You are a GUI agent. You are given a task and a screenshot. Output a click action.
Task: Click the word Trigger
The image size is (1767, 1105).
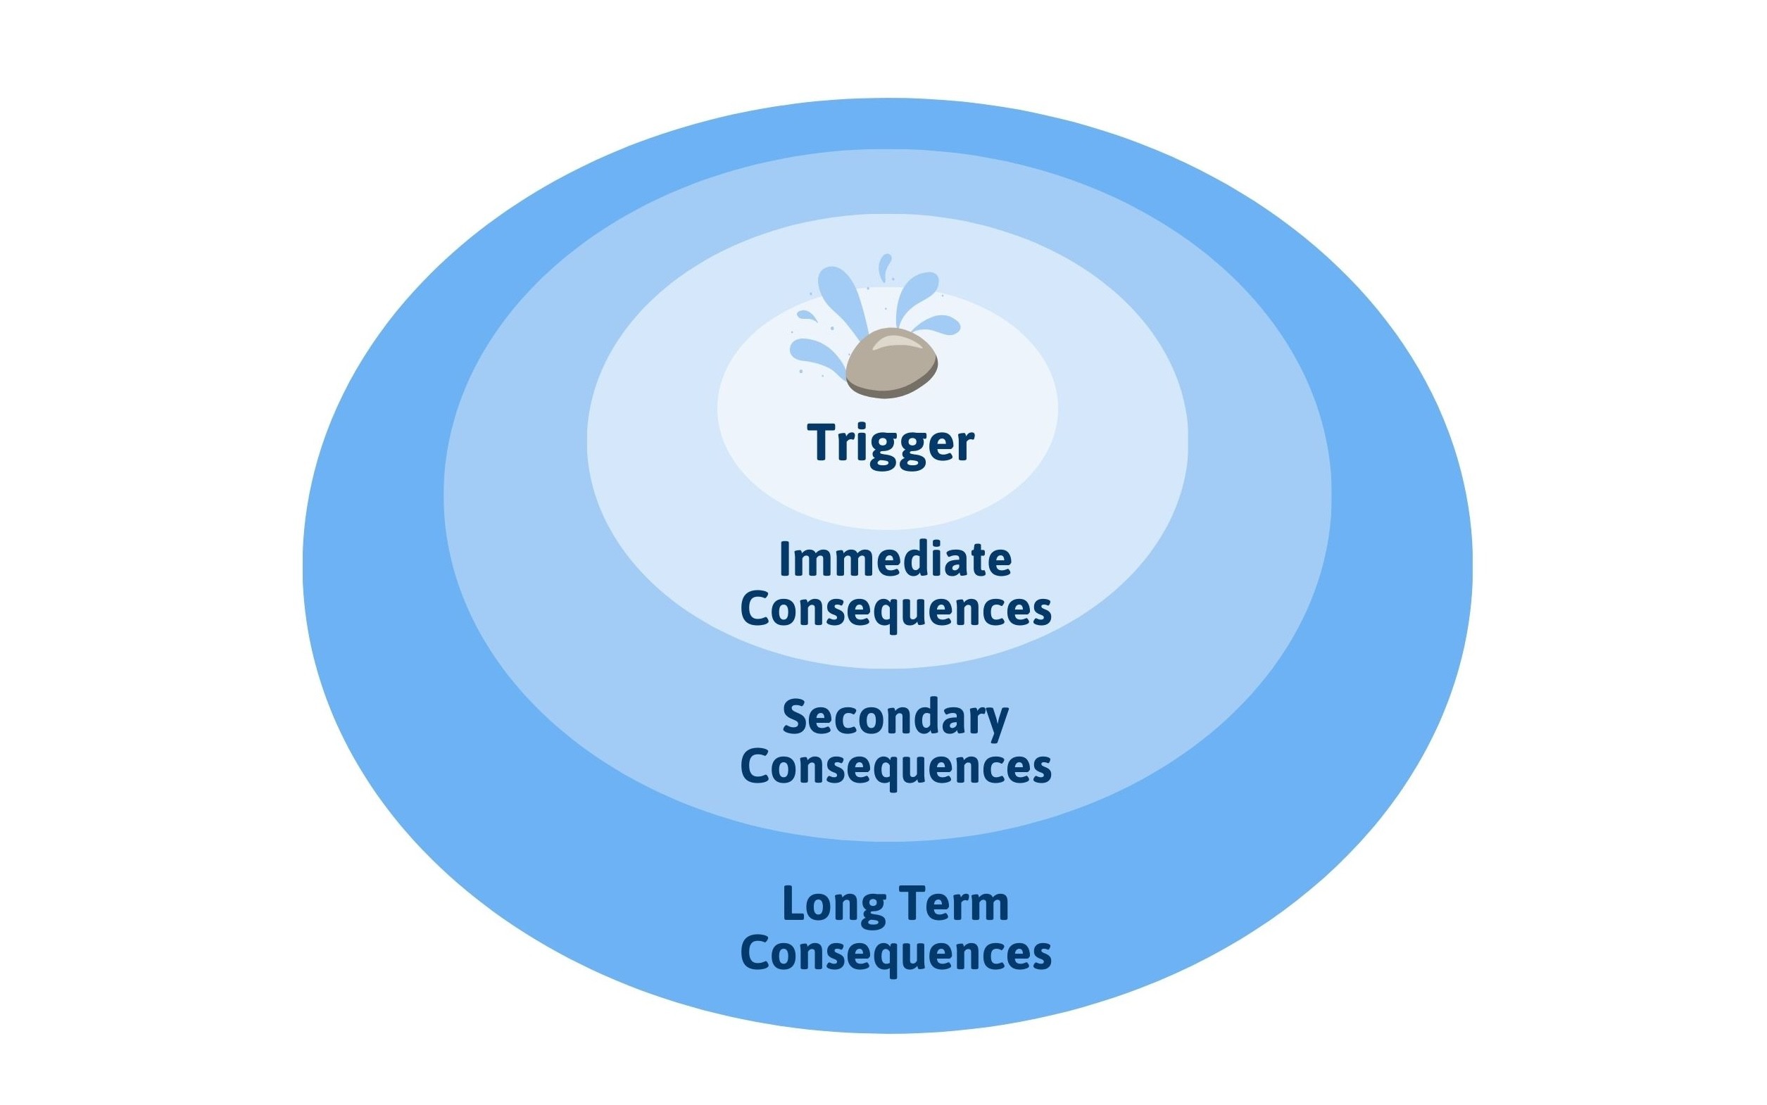tap(891, 443)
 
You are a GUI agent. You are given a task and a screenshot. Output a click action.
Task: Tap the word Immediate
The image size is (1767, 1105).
tap(895, 560)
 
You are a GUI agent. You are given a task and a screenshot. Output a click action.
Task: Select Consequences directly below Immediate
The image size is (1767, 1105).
tap(895, 609)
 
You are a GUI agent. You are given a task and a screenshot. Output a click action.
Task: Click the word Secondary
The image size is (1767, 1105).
tap(895, 718)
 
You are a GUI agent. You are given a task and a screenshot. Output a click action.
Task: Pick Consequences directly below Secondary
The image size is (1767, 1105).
tap(895, 766)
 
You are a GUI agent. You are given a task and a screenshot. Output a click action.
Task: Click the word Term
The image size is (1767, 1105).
tap(957, 904)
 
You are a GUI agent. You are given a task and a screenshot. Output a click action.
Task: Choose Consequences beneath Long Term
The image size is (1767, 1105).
tap(895, 953)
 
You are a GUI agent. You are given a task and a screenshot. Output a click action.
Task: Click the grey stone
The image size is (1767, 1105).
tap(891, 364)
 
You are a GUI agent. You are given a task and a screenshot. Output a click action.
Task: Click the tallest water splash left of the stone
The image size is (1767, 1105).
tap(843, 296)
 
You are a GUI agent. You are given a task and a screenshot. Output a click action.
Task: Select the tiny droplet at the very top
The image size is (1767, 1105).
tap(886, 266)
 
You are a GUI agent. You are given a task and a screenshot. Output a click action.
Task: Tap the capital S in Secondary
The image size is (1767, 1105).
tap(795, 718)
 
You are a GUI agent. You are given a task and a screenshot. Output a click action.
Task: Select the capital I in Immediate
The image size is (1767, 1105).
tap(786, 560)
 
